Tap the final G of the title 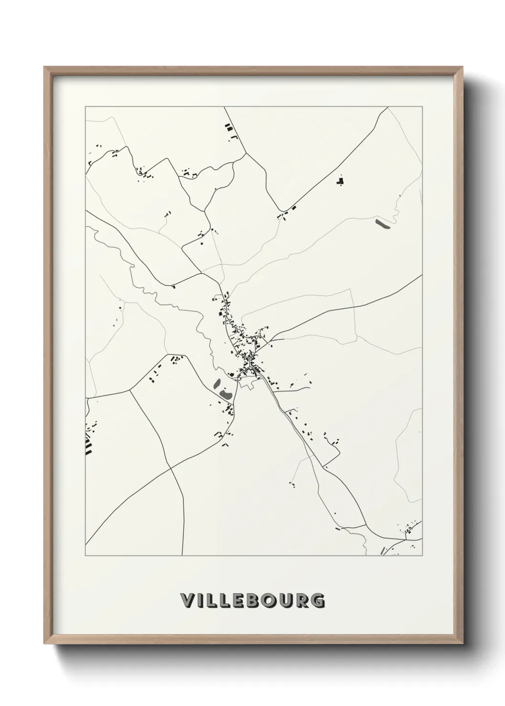(x=318, y=601)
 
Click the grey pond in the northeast (x=383, y=223)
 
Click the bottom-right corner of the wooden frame (x=462, y=643)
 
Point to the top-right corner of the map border (x=422, y=107)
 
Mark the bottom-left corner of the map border (x=85, y=556)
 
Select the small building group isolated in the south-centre (x=292, y=485)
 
